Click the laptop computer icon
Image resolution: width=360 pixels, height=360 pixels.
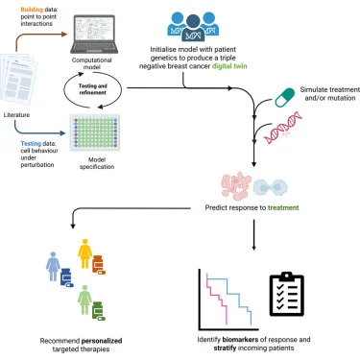[x=94, y=34]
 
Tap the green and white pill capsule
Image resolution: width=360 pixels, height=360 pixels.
[x=285, y=98]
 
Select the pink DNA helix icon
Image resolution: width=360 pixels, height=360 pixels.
[x=283, y=128]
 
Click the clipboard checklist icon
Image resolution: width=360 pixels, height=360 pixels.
[x=287, y=294]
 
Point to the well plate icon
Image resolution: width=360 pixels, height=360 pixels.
[x=95, y=132]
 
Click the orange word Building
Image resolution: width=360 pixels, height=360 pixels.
[x=32, y=10]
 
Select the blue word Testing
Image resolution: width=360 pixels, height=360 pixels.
[x=31, y=144]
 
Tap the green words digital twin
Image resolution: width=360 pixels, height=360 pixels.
[x=229, y=66]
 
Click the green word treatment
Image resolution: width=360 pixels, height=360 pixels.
[x=283, y=207]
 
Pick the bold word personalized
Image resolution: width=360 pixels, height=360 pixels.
[x=102, y=341]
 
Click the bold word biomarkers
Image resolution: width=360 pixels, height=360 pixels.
[x=240, y=339]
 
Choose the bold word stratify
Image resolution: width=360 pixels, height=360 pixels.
[x=225, y=348]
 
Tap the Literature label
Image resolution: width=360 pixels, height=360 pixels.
[x=16, y=114]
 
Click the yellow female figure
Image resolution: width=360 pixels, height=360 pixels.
[x=84, y=253]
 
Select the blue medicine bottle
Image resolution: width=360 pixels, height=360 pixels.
[x=66, y=277]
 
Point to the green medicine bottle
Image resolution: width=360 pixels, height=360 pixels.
[x=98, y=311]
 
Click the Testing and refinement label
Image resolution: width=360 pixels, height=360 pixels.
[x=93, y=89]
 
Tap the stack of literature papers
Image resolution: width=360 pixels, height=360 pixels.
[x=18, y=80]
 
